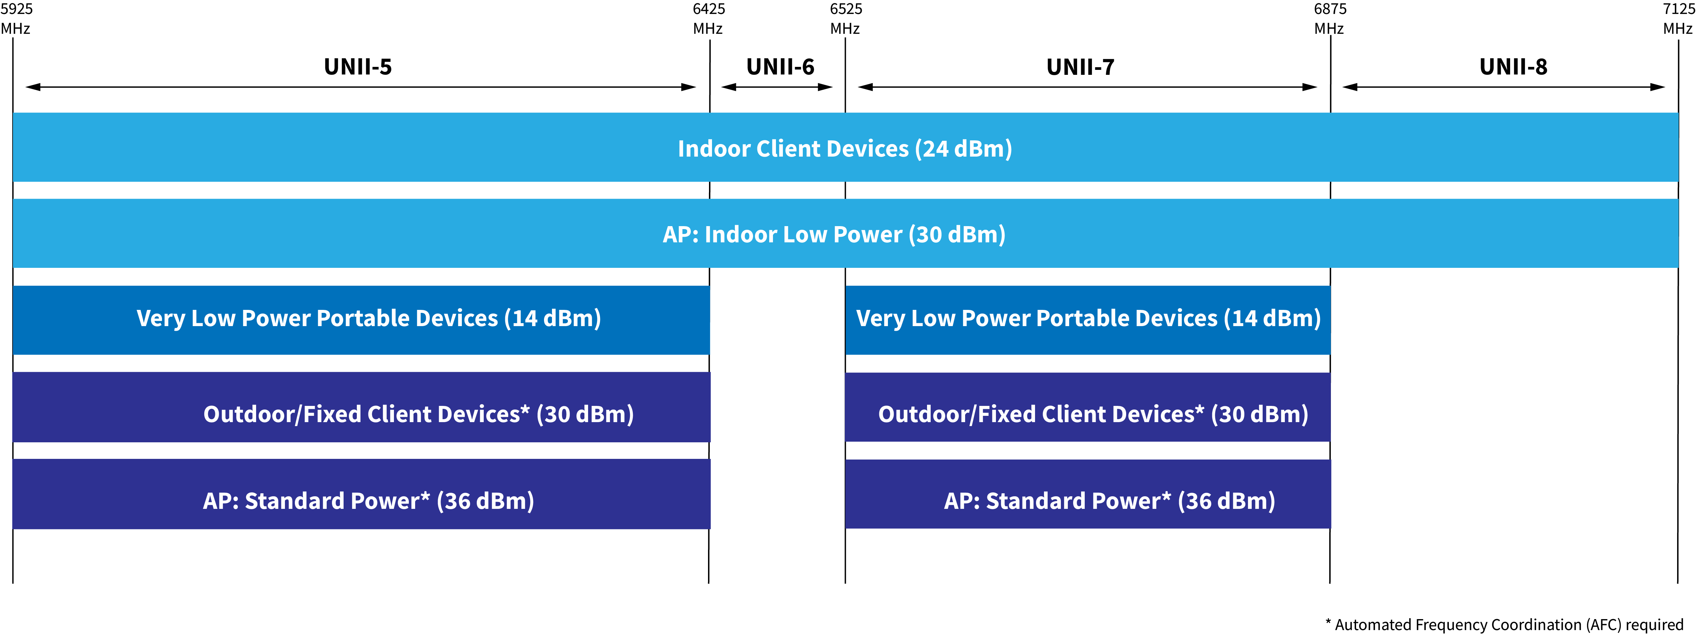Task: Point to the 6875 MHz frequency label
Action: [x=1330, y=19]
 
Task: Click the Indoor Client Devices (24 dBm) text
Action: [x=845, y=149]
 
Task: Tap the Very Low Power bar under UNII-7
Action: [x=1088, y=320]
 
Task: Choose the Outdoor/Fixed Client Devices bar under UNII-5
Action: [x=361, y=407]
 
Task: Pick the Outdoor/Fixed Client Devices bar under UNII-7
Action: [x=1088, y=407]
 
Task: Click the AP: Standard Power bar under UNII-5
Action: [x=361, y=494]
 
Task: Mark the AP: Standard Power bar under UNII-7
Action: [x=1088, y=494]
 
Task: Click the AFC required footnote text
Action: [x=1505, y=624]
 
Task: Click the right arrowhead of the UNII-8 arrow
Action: [x=1658, y=87]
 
